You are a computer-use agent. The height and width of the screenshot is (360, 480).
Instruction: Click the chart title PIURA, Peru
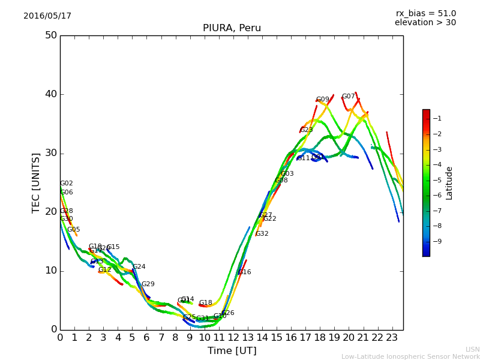(x=232, y=28)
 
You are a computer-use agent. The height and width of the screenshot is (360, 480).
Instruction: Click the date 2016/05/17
(x=47, y=16)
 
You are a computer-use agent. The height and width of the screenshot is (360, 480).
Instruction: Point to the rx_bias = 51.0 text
(x=425, y=14)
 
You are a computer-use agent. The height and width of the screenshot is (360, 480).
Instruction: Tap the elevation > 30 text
(x=425, y=23)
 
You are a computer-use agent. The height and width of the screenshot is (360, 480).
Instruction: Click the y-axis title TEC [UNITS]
(x=37, y=182)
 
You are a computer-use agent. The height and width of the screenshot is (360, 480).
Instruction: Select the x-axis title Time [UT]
(x=232, y=350)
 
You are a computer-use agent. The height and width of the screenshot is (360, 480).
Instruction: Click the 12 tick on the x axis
(x=233, y=338)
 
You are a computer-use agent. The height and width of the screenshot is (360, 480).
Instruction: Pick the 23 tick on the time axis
(x=392, y=338)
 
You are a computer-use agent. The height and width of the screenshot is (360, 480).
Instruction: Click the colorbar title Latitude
(x=449, y=182)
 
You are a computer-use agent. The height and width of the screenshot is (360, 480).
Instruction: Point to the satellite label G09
(x=323, y=100)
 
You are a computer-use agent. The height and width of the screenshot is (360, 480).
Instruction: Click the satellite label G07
(x=348, y=97)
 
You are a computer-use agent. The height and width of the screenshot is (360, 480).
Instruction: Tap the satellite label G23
(x=307, y=130)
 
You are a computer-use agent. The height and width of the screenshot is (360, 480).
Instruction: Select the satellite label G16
(x=245, y=272)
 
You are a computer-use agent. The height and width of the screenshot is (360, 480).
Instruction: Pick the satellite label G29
(x=148, y=284)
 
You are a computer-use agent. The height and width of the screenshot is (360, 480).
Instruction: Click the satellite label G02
(x=67, y=184)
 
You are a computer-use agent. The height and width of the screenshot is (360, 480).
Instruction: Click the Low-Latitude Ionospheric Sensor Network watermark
(x=410, y=356)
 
